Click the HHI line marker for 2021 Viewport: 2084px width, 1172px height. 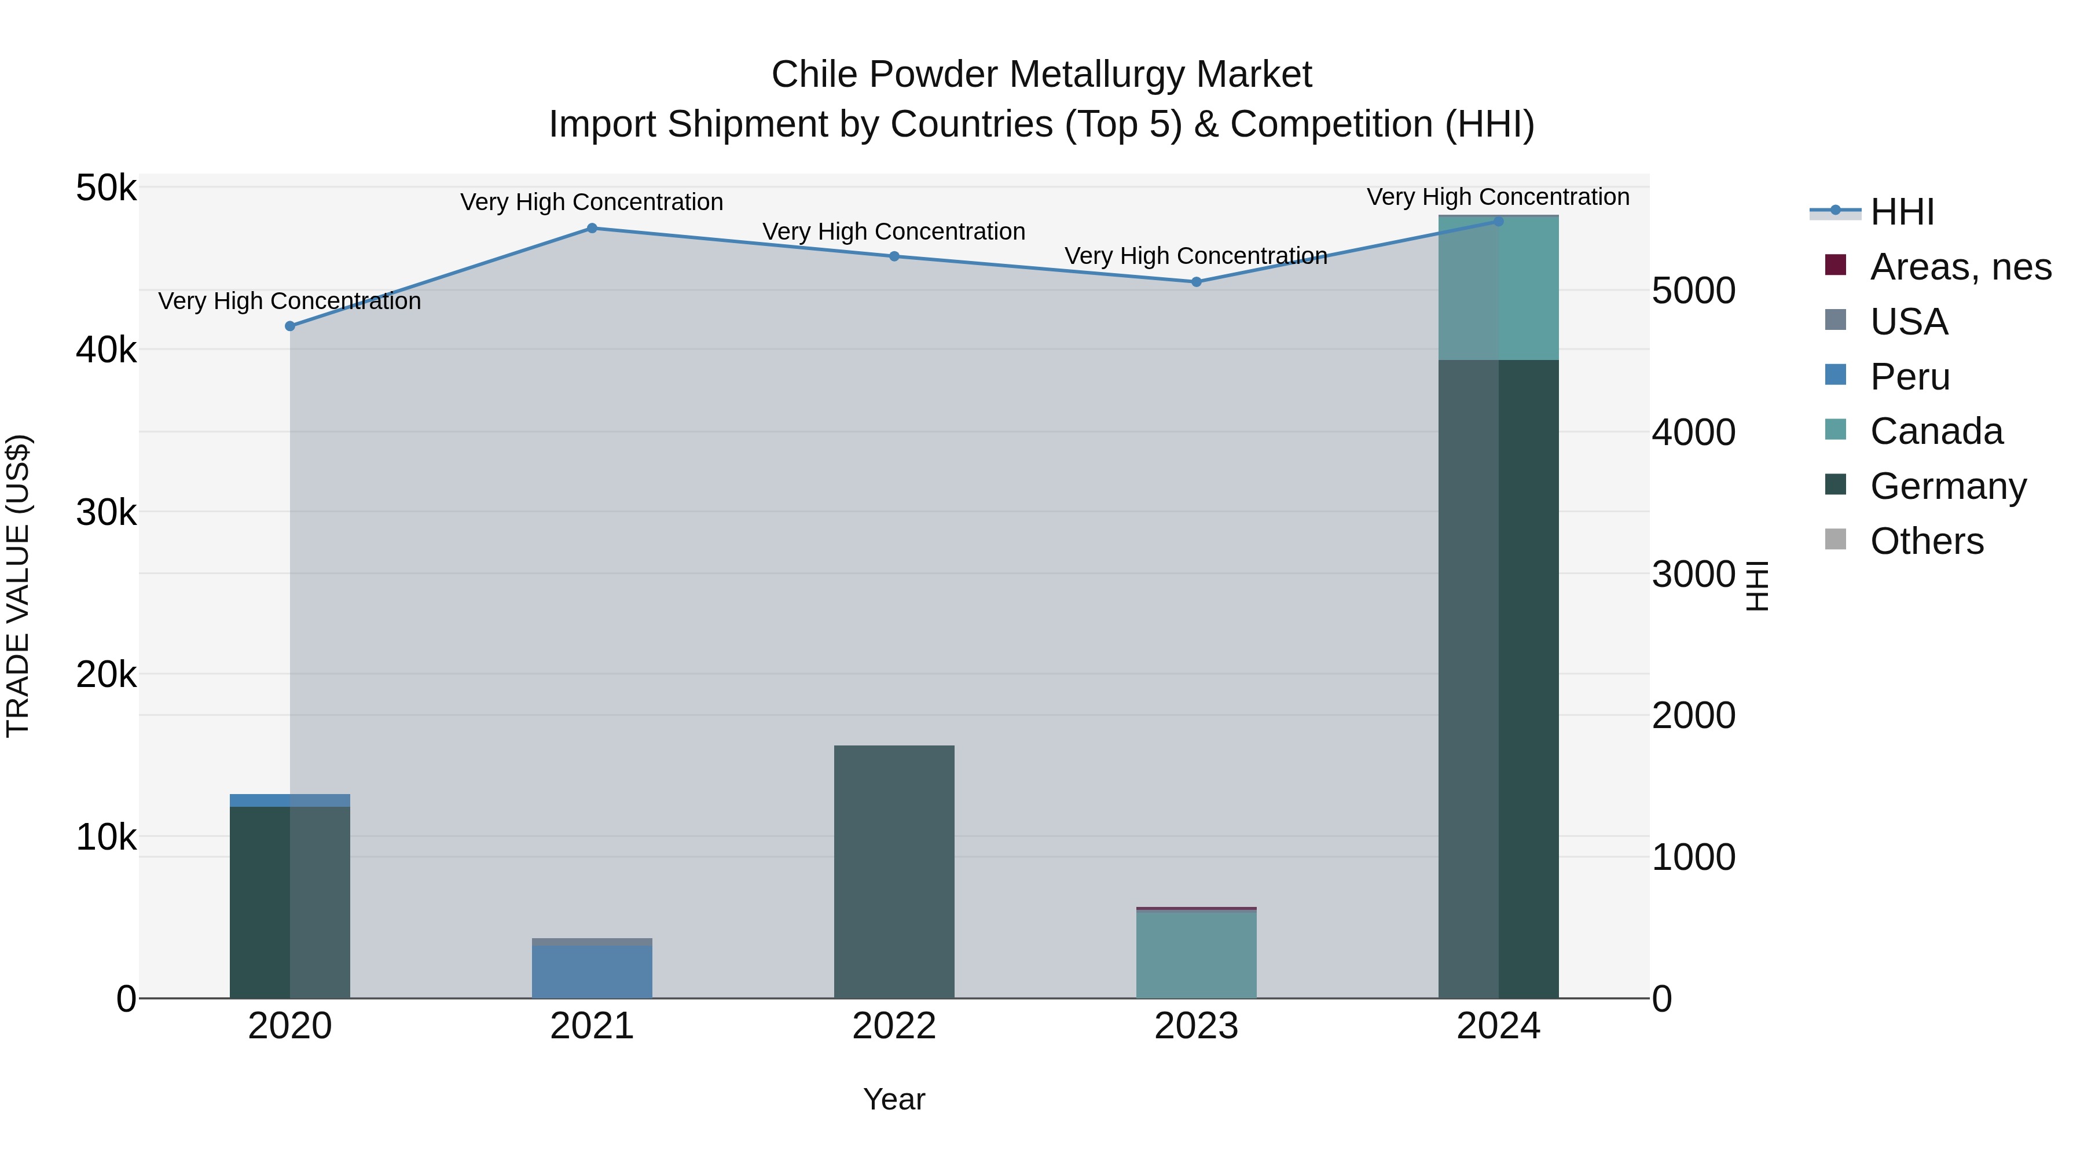tap(592, 228)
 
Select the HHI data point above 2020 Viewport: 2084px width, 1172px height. tap(289, 326)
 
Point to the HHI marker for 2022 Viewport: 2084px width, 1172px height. tap(894, 256)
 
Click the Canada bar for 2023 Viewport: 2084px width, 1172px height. tap(1197, 954)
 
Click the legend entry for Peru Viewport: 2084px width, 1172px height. tap(1909, 377)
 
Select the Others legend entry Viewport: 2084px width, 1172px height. tap(1925, 541)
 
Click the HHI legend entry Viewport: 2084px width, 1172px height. tap(1901, 212)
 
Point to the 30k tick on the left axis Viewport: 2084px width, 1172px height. tap(106, 513)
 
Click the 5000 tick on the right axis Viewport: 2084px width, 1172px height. tap(1693, 291)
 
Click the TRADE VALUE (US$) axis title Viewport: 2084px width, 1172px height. tap(19, 586)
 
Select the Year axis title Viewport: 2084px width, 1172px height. tap(894, 1099)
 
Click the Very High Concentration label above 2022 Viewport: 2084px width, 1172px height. tap(894, 232)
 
